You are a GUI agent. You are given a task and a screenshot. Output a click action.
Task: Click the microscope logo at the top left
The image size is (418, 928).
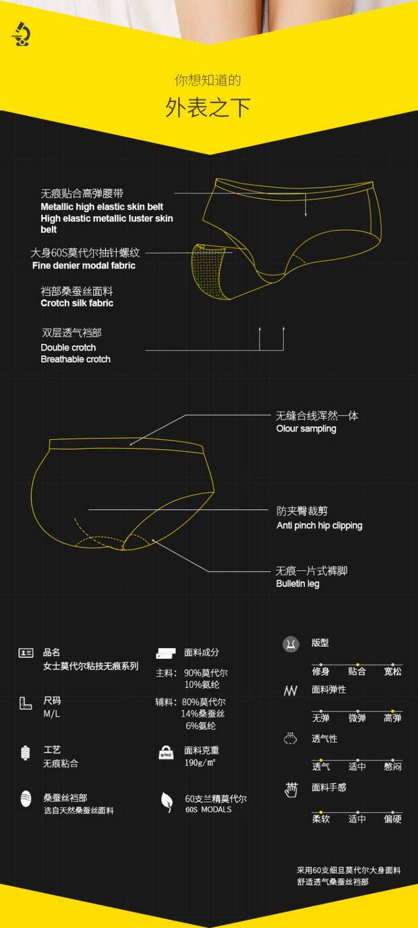(20, 34)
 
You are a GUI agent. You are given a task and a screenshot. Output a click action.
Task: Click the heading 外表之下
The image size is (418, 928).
(208, 108)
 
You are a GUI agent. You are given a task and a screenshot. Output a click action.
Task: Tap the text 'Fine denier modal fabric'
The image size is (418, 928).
(84, 266)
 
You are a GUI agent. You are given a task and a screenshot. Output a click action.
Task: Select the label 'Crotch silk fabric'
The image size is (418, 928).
(77, 303)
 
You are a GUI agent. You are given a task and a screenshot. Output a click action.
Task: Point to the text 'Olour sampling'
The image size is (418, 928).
(306, 429)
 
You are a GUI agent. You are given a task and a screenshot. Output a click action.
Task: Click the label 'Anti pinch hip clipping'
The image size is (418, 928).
(319, 525)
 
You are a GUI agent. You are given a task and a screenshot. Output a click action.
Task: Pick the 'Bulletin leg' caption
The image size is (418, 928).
(297, 584)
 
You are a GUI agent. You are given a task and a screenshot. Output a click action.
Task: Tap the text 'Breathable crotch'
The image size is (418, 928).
(76, 359)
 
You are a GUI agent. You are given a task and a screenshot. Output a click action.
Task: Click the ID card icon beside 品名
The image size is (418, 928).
(26, 653)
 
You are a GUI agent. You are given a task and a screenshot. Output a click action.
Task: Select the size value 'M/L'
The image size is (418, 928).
(52, 714)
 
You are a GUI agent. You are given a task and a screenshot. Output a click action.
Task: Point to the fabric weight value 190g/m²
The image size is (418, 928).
(200, 763)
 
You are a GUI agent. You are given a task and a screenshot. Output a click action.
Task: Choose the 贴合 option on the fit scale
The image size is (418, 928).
(357, 671)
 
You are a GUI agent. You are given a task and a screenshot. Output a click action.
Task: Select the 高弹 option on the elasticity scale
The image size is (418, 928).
(392, 718)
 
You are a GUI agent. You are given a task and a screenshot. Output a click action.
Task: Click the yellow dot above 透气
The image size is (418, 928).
(321, 760)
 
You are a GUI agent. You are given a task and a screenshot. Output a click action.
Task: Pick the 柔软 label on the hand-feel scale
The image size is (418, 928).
(321, 819)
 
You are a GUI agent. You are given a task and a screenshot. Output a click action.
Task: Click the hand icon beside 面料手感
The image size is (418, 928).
(291, 789)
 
